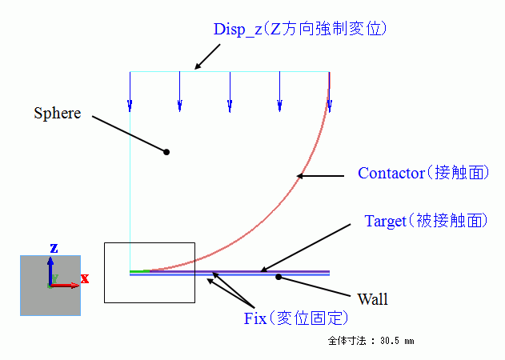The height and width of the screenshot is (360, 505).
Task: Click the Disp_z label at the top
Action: [300, 29]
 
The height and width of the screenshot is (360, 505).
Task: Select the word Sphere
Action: [57, 113]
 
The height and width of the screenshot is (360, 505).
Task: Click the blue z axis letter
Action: [52, 248]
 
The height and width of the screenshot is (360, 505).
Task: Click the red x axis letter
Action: [84, 278]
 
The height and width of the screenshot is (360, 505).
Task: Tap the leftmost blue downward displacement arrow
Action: [130, 92]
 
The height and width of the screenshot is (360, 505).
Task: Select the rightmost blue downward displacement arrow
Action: [329, 92]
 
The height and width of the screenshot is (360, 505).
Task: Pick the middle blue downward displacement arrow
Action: [230, 92]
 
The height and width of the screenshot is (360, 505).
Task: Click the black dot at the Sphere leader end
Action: [166, 151]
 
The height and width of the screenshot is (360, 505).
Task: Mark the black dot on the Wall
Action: [279, 277]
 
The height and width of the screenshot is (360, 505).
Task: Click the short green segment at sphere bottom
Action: [140, 271]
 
